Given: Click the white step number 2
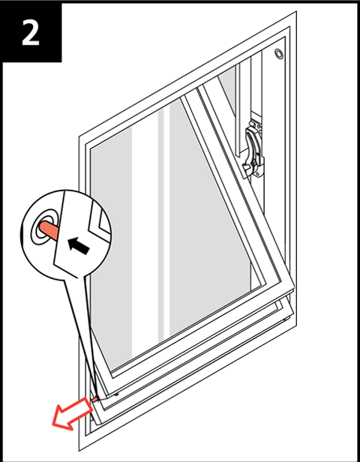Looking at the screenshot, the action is [31, 32].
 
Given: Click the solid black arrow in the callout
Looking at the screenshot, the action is [78, 246].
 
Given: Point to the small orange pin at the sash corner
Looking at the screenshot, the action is [94, 399].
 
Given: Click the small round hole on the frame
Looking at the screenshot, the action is [279, 54].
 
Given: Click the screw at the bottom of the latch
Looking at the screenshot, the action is [258, 174].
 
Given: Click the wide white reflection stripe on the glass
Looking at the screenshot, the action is [145, 235].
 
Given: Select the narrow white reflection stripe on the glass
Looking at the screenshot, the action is [166, 224].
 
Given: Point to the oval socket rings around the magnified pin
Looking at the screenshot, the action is [44, 226].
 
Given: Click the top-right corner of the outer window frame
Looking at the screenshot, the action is [296, 11].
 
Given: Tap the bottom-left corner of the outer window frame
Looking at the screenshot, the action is [79, 451].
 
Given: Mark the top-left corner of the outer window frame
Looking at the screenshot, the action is [79, 136].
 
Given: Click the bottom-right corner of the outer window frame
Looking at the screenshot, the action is [296, 325].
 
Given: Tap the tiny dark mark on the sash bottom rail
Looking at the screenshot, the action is [117, 394].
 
